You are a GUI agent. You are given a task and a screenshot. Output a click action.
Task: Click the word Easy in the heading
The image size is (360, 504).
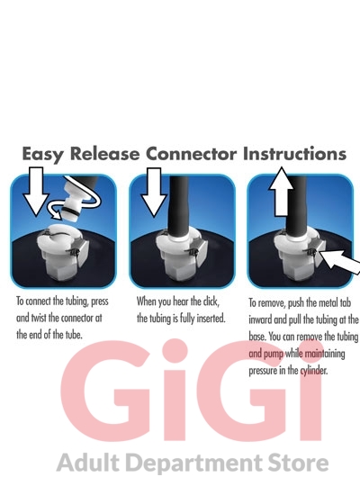[43, 154]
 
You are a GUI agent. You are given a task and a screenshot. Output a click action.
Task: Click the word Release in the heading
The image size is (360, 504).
[104, 153]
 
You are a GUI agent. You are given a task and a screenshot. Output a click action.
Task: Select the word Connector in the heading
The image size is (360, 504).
[191, 153]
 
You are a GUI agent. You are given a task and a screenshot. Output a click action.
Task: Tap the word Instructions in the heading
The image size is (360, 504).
[294, 153]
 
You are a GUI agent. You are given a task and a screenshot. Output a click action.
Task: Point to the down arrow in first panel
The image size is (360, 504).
[36, 191]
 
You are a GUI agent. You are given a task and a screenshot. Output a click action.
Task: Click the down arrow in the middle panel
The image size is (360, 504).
[154, 192]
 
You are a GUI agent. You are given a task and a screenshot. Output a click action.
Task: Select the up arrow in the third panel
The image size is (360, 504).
[281, 191]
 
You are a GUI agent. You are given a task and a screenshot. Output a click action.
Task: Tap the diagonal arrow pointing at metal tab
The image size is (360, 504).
[339, 262]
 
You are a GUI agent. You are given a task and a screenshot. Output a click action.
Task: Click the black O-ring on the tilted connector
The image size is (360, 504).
[72, 211]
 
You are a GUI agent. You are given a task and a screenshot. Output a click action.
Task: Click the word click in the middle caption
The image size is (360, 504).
[211, 301]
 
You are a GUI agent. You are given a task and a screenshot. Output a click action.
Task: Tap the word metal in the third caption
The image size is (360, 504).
[324, 302]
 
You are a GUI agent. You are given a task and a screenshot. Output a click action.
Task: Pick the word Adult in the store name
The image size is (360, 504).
[87, 463]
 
